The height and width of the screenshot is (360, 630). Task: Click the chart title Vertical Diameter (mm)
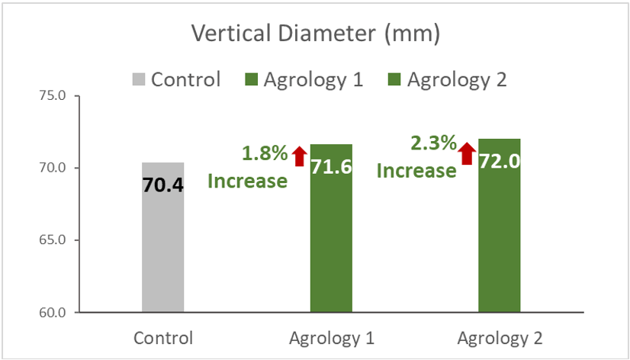pyautogui.click(x=316, y=34)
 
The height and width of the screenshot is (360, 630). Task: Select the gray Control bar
pyautogui.click(x=162, y=252)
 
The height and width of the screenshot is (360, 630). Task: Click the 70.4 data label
pyautogui.click(x=162, y=185)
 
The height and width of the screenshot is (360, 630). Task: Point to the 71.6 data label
pyautogui.click(x=331, y=167)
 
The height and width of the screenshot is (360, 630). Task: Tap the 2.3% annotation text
pyautogui.click(x=432, y=143)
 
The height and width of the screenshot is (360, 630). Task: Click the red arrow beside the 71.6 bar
pyautogui.click(x=299, y=156)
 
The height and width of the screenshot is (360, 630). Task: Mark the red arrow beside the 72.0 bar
pyautogui.click(x=467, y=153)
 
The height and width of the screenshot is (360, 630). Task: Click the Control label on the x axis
pyautogui.click(x=162, y=338)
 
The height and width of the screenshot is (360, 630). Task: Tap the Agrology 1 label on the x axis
pyautogui.click(x=331, y=338)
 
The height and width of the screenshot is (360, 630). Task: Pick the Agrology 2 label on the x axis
pyautogui.click(x=499, y=338)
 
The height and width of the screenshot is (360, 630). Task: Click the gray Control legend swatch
pyautogui.click(x=138, y=79)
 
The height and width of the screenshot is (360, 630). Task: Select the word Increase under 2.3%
pyautogui.click(x=416, y=170)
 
